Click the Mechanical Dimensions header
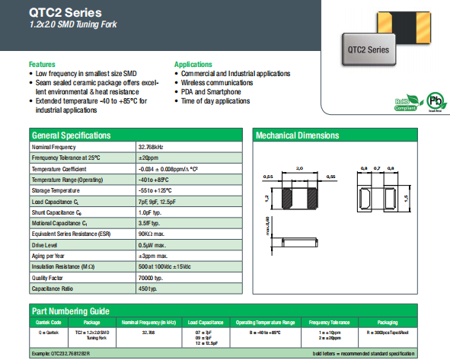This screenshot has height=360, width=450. pos(298,135)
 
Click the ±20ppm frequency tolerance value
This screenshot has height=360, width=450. pos(148,157)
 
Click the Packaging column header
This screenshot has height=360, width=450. pos(388,322)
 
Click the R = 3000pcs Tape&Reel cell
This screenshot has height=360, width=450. pos(388,333)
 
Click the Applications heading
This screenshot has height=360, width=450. pos(193,64)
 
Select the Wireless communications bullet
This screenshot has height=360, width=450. pos(217,82)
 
